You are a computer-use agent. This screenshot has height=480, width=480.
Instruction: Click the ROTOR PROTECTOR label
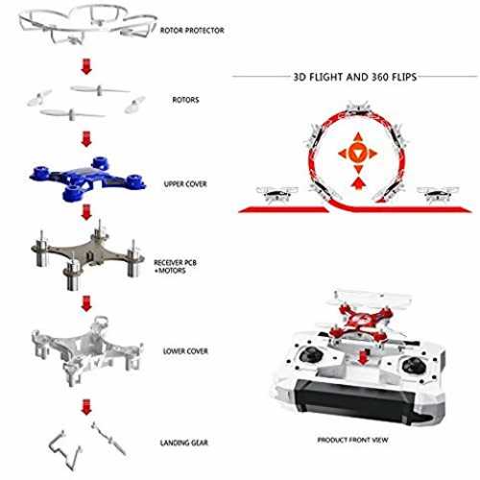pyautogui.click(x=192, y=31)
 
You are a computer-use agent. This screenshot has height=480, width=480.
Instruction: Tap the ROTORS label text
pyautogui.click(x=185, y=100)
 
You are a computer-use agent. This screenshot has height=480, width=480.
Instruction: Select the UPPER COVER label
pyautogui.click(x=185, y=184)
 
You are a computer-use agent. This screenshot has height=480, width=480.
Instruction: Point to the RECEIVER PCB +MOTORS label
pyautogui.click(x=175, y=267)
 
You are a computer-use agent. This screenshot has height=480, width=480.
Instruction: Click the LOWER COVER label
pyautogui.click(x=185, y=351)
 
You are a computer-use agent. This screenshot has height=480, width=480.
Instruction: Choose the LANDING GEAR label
pyautogui.click(x=184, y=443)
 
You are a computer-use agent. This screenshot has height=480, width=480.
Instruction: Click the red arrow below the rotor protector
pyautogui.click(x=86, y=66)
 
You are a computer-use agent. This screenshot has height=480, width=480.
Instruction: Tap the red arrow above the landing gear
pyautogui.click(x=86, y=407)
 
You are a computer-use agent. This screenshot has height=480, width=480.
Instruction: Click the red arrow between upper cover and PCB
pyautogui.click(x=86, y=212)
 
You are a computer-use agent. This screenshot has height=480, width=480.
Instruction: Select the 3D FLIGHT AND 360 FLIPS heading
pyautogui.click(x=355, y=77)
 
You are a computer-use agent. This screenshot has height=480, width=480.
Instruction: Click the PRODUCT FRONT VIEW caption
pyautogui.click(x=352, y=440)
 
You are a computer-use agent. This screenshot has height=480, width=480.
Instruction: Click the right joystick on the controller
pyautogui.click(x=413, y=365)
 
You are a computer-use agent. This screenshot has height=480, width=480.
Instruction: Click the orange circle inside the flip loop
pyautogui.click(x=357, y=153)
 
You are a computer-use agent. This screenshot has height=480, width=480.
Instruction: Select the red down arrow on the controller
pyautogui.click(x=362, y=358)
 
